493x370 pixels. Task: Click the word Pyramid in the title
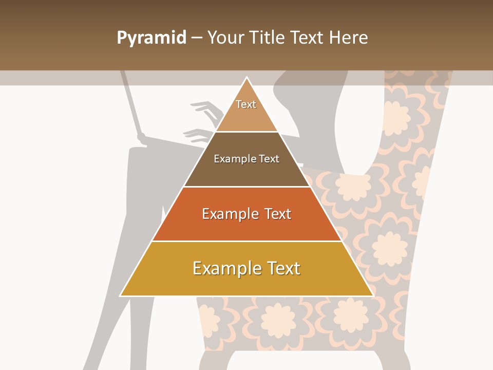151,38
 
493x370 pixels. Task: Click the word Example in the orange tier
229,214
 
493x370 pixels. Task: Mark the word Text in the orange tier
278,214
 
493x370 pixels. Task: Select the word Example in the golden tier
224,268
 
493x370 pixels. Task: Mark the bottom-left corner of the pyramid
121,295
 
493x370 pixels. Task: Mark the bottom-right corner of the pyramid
372,295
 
